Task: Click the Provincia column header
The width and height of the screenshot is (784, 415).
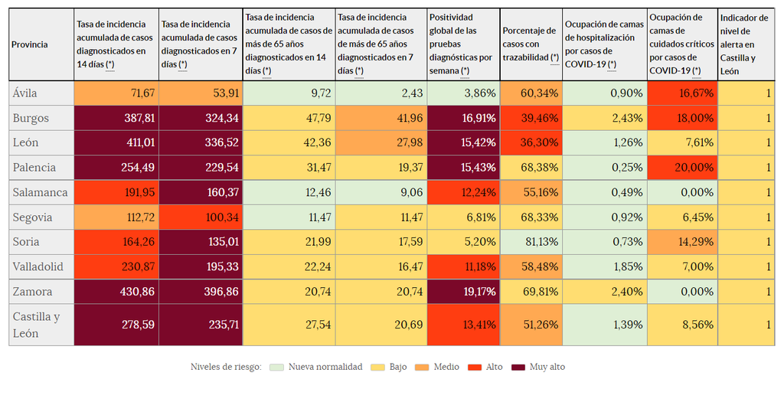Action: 30,44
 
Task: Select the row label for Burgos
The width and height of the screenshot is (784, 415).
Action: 31,118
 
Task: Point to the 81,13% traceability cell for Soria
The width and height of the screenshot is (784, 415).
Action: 531,242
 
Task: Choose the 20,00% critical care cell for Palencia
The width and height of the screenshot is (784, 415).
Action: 681,168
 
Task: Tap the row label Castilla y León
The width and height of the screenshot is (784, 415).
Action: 36,325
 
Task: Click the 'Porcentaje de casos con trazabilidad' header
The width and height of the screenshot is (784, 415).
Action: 530,44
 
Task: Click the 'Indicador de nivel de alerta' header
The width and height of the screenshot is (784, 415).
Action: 744,44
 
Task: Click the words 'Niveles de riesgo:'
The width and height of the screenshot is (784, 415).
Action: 226,367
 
